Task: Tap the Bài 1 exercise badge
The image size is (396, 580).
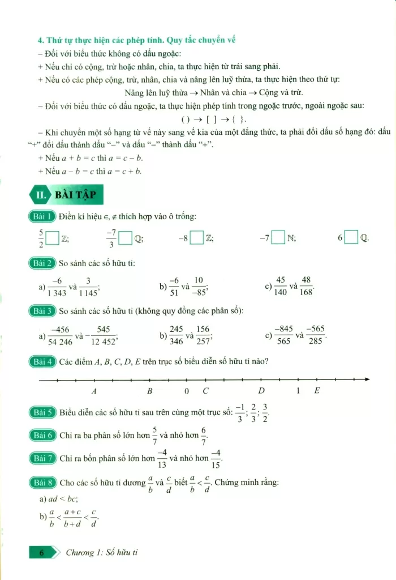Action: click(x=43, y=216)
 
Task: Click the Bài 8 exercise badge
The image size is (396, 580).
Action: click(x=43, y=483)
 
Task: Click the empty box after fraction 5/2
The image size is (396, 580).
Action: click(x=53, y=238)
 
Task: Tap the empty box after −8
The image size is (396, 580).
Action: click(x=197, y=238)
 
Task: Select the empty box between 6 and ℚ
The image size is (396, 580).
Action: click(x=351, y=238)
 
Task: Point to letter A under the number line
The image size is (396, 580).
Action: click(x=94, y=391)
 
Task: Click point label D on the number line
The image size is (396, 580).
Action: click(x=261, y=391)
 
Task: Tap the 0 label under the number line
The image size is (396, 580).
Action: click(x=187, y=391)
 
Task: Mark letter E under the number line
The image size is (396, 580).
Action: click(x=317, y=391)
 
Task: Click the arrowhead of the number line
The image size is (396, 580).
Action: click(x=367, y=379)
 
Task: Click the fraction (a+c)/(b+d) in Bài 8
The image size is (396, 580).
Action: click(x=71, y=517)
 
